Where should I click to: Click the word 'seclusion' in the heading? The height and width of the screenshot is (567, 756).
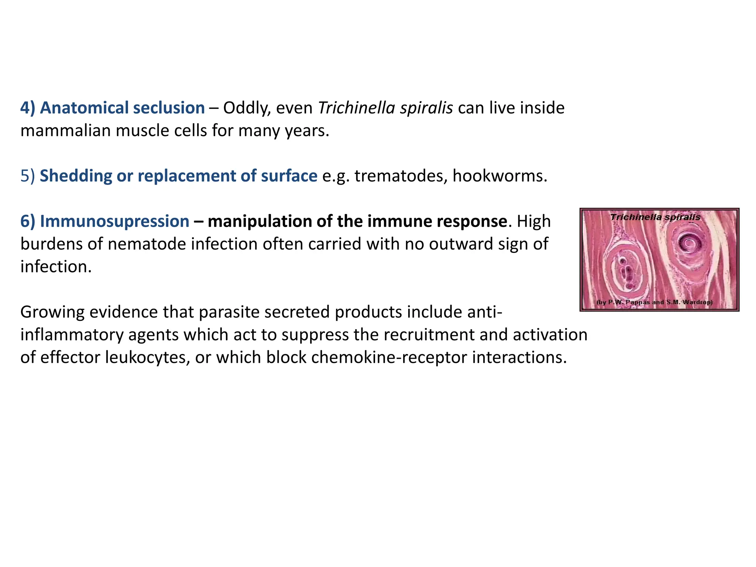pyautogui.click(x=169, y=108)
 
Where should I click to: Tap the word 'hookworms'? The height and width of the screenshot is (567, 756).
pyautogui.click(x=498, y=176)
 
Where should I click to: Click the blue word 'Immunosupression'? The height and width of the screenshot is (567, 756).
pyautogui.click(x=114, y=221)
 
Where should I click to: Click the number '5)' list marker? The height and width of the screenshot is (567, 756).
pyautogui.click(x=28, y=176)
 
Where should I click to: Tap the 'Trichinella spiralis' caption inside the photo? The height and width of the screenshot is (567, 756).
pyautogui.click(x=655, y=217)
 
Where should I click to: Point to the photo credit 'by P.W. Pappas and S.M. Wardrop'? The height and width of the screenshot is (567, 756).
pyautogui.click(x=654, y=302)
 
